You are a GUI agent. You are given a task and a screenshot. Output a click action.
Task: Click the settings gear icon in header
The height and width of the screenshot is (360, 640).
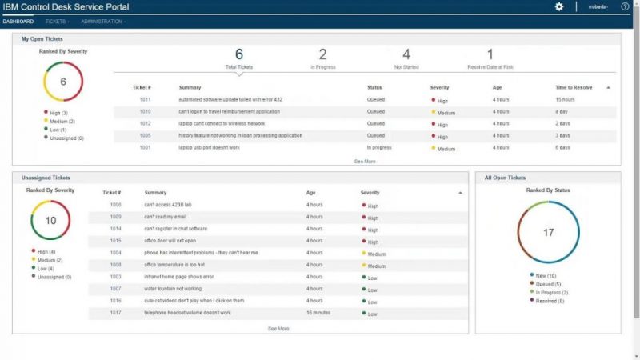[559, 6]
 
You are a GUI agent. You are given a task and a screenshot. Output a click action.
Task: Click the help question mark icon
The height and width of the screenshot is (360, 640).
[625, 6]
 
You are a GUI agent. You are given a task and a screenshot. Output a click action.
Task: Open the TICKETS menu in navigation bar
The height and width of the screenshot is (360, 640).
[56, 22]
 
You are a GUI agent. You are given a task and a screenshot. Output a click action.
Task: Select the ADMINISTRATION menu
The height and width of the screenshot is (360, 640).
[102, 22]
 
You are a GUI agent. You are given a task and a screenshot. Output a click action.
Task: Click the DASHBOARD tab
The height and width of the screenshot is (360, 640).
[18, 22]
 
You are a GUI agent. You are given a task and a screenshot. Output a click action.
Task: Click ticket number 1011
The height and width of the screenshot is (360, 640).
[145, 99]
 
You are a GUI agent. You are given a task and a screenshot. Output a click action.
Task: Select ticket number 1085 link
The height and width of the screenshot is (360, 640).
[145, 135]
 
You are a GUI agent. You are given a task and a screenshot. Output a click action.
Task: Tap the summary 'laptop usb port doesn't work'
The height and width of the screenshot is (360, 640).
[211, 147]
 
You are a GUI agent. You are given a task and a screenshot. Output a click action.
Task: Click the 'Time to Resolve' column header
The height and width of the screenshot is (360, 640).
[574, 86]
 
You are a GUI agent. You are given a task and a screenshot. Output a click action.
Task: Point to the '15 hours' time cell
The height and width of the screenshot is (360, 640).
[565, 99]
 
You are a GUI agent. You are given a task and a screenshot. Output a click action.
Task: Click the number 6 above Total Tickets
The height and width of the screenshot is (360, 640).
[238, 54]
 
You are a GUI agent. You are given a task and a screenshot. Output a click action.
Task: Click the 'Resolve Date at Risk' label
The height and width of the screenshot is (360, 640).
[490, 67]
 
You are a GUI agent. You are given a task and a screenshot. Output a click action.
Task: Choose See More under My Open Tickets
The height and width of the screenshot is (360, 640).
[365, 161]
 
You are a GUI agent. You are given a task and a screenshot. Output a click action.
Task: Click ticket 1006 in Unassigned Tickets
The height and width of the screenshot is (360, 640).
[116, 205]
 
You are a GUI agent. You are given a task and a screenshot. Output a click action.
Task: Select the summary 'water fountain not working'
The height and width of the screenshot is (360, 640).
[173, 288]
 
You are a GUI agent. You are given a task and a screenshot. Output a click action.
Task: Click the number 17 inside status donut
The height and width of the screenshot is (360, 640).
[548, 233]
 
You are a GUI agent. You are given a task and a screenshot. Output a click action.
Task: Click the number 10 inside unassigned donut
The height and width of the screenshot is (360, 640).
[50, 220]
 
